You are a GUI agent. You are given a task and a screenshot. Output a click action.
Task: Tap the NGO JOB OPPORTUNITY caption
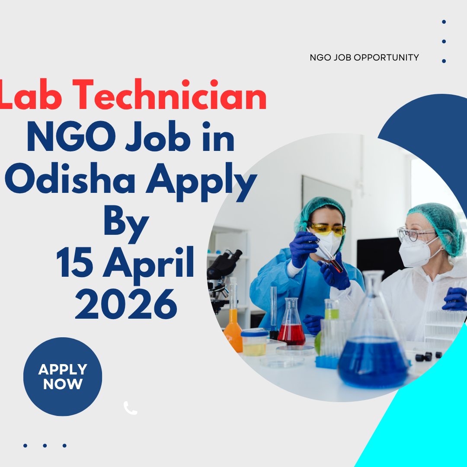pos(364,57)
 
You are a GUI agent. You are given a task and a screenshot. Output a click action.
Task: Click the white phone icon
pos(130,408)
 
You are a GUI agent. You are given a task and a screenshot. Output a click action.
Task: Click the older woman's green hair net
pos(437,223)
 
